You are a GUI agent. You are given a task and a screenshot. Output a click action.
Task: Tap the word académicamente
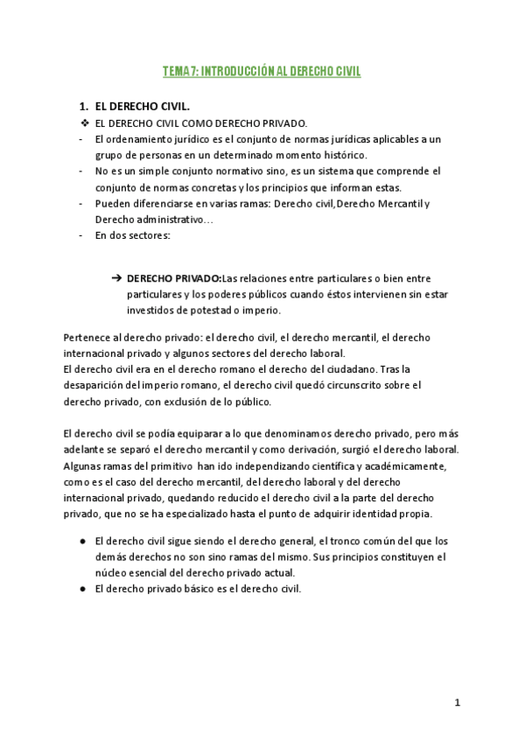click(x=406, y=465)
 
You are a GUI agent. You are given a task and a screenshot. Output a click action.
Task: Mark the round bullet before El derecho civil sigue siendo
click(x=81, y=541)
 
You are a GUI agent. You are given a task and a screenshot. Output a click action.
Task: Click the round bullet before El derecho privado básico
click(x=81, y=589)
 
